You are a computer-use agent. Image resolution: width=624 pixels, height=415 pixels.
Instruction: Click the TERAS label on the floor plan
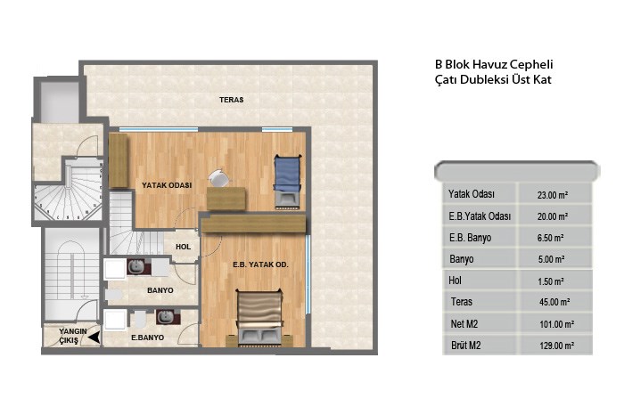pyautogui.click(x=231, y=100)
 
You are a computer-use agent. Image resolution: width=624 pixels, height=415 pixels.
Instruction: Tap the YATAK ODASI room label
pyautogui.click(x=167, y=185)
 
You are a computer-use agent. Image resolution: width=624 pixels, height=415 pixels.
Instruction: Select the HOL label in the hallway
pyautogui.click(x=183, y=247)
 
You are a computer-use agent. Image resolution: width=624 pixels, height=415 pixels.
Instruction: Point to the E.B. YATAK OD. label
pyautogui.click(x=260, y=264)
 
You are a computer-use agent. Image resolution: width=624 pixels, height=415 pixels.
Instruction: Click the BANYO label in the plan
pyautogui.click(x=160, y=290)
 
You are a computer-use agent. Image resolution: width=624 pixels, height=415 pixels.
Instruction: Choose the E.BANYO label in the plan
pyautogui.click(x=148, y=338)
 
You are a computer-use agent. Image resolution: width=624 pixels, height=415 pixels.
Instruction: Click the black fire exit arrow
pyautogui.click(x=94, y=338)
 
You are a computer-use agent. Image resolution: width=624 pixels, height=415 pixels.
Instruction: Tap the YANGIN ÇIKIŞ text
pyautogui.click(x=72, y=337)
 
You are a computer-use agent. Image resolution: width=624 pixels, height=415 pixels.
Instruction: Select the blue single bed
pyautogui.click(x=286, y=182)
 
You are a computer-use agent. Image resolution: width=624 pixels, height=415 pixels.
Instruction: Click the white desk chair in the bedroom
pyautogui.click(x=218, y=178)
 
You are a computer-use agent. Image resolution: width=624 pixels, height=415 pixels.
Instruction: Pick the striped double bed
pyautogui.click(x=260, y=317)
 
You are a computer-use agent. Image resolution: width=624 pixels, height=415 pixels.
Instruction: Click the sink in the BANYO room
pyautogui.click(x=136, y=267)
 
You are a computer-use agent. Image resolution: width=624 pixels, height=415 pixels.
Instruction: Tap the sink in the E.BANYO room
pyautogui.click(x=165, y=317)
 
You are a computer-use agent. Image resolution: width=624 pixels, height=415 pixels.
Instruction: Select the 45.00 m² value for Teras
pyautogui.click(x=554, y=302)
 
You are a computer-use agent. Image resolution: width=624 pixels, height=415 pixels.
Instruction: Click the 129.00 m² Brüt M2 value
pyautogui.click(x=556, y=346)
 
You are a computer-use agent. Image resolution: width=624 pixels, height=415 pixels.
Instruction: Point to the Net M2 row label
pyautogui.click(x=464, y=324)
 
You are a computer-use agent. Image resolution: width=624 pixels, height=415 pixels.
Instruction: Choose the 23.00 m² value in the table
pyautogui.click(x=553, y=195)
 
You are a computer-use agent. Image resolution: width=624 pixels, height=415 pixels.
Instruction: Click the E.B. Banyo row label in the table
pyautogui.click(x=470, y=238)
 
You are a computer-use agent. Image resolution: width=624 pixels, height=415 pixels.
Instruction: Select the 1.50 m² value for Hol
pyautogui.click(x=550, y=281)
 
